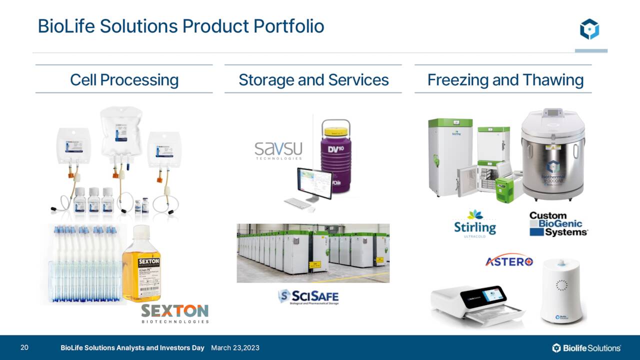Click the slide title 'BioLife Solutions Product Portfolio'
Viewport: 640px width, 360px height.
[x=181, y=26]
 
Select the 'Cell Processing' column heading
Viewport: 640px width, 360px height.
[x=124, y=79]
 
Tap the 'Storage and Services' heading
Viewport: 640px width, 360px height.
[x=313, y=79]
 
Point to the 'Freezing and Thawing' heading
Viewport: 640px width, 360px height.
[x=505, y=79]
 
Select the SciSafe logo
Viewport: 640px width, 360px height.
[x=308, y=296]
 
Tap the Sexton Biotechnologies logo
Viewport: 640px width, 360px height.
[x=174, y=313]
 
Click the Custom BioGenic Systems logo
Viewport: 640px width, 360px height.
[x=558, y=223]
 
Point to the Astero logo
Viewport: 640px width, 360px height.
[x=509, y=261]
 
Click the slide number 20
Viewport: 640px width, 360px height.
[x=24, y=347]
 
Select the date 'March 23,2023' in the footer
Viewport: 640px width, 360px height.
[x=235, y=347]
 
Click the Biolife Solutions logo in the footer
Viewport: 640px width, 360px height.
[x=586, y=347]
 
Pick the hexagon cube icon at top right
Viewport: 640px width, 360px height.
[x=589, y=29]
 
